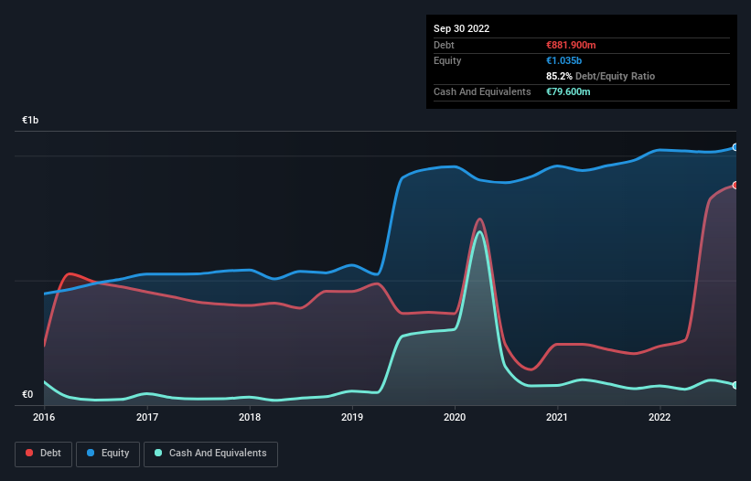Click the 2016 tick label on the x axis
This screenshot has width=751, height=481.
point(44,417)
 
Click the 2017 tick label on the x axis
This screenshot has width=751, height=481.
point(147,417)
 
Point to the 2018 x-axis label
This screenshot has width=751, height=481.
point(250,417)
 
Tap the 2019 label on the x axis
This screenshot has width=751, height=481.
point(352,417)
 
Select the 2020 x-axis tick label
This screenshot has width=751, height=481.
point(455,417)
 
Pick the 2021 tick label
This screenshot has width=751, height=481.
point(557,417)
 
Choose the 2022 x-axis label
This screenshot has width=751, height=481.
point(660,417)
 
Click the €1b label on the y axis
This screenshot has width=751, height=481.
point(30,121)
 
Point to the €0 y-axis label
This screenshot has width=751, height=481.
point(27,395)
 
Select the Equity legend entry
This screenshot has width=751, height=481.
point(108,453)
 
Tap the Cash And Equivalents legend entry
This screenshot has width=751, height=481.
point(210,453)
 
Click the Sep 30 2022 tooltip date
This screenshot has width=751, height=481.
point(462,28)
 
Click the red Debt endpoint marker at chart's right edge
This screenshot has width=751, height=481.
point(735,186)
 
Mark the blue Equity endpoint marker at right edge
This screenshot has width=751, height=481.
point(735,147)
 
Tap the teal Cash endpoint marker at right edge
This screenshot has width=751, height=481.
point(735,385)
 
